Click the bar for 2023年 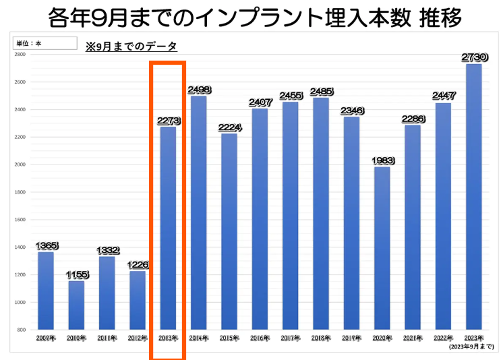pos(474,197)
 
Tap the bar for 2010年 pos(76,305)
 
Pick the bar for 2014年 pos(199,212)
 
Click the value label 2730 pos(474,59)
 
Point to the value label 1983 pos(382,161)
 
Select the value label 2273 pos(169,121)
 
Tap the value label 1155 pos(77,275)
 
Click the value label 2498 pos(199,90)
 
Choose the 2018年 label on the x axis pos(321,337)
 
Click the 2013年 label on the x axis pos(168,337)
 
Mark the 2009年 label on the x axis pos(46,337)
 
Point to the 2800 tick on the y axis pos(20,54)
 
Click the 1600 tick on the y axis pos(20,219)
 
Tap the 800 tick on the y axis pos(21,330)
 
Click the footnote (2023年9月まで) pos(471,346)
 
